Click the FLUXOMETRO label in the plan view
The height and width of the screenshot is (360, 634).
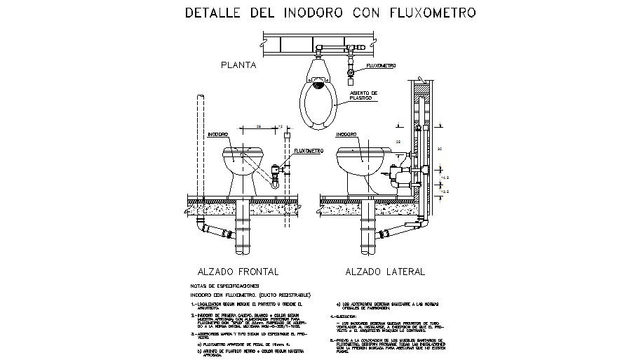380,65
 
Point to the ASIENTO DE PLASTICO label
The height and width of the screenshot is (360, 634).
363,95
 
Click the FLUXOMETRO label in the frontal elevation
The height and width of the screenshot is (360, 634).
308,150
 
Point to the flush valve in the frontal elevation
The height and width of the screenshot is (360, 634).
277,170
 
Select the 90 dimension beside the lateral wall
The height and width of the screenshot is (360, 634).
440,149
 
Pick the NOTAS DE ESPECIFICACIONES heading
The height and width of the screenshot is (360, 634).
224,286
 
